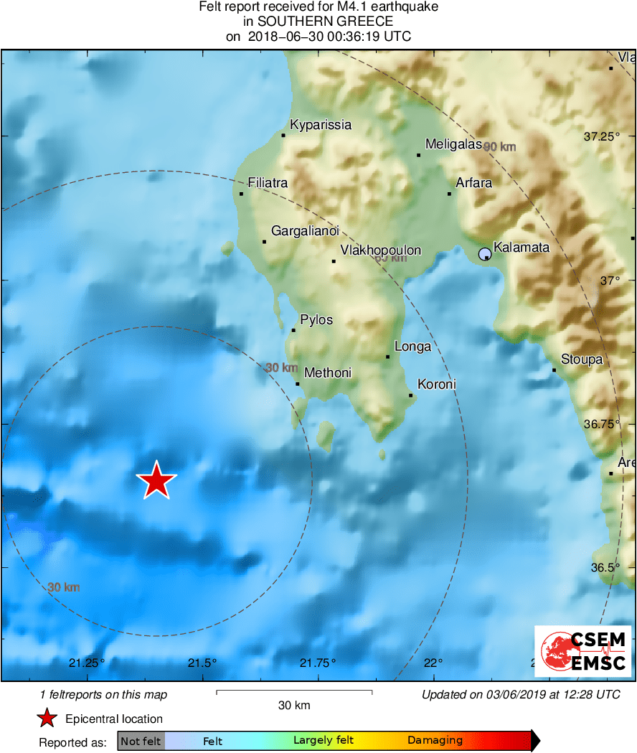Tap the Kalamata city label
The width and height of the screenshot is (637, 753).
click(x=522, y=247)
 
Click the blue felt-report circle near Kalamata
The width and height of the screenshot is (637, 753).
click(x=485, y=253)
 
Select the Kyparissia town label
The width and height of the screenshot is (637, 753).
click(x=321, y=125)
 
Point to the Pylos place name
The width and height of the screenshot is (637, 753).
click(x=316, y=320)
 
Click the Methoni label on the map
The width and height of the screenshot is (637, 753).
click(x=328, y=373)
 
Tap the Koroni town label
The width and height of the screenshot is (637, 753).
click(x=436, y=384)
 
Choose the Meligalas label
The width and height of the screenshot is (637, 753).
click(x=453, y=144)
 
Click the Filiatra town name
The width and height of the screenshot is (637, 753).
click(x=267, y=183)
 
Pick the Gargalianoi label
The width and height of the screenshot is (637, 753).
click(x=305, y=231)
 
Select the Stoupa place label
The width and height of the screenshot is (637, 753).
click(x=582, y=359)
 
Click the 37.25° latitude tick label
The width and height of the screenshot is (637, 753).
click(x=602, y=136)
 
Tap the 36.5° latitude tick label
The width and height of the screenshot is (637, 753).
click(x=604, y=567)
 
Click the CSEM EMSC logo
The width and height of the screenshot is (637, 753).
click(x=582, y=651)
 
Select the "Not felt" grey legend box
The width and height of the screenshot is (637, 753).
click(x=141, y=741)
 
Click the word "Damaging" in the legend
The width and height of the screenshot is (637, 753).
click(x=435, y=741)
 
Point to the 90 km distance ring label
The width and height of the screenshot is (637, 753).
click(x=500, y=147)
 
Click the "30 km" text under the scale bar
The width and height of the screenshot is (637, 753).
click(x=294, y=706)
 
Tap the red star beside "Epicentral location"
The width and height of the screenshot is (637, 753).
click(x=47, y=719)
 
